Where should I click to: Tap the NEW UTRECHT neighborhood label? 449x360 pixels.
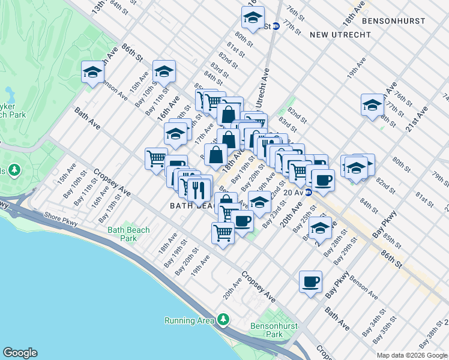(340, 35)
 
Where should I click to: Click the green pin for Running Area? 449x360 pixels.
(223, 319)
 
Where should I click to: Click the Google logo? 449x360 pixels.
(20, 353)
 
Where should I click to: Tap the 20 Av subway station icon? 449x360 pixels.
(308, 192)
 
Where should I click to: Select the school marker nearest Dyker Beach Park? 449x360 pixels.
(92, 73)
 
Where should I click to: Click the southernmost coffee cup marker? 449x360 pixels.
(310, 281)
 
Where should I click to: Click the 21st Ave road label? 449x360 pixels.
(419, 118)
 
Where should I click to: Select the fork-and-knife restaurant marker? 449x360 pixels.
(199, 190)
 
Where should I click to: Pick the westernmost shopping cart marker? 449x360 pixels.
(156, 159)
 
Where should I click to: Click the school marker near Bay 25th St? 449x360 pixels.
(320, 229)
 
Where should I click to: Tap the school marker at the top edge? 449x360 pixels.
(253, 19)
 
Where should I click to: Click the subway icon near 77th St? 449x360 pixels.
(276, 26)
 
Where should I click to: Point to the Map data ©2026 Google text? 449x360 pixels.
(412, 355)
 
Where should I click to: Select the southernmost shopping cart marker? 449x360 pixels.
(223, 232)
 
